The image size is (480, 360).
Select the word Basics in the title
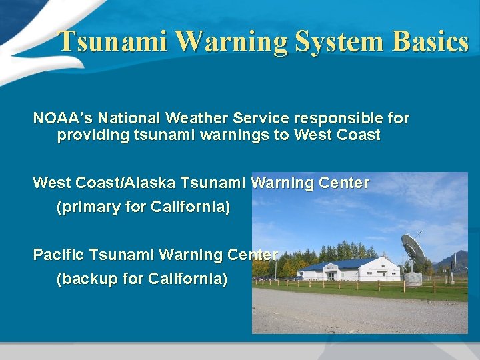[x=431, y=41]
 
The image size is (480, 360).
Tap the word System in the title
[x=340, y=41]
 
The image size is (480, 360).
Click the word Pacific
[x=59, y=255]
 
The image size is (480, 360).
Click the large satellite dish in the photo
[x=414, y=248]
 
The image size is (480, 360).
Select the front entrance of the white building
[x=331, y=276]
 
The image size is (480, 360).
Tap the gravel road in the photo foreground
[x=360, y=313]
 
